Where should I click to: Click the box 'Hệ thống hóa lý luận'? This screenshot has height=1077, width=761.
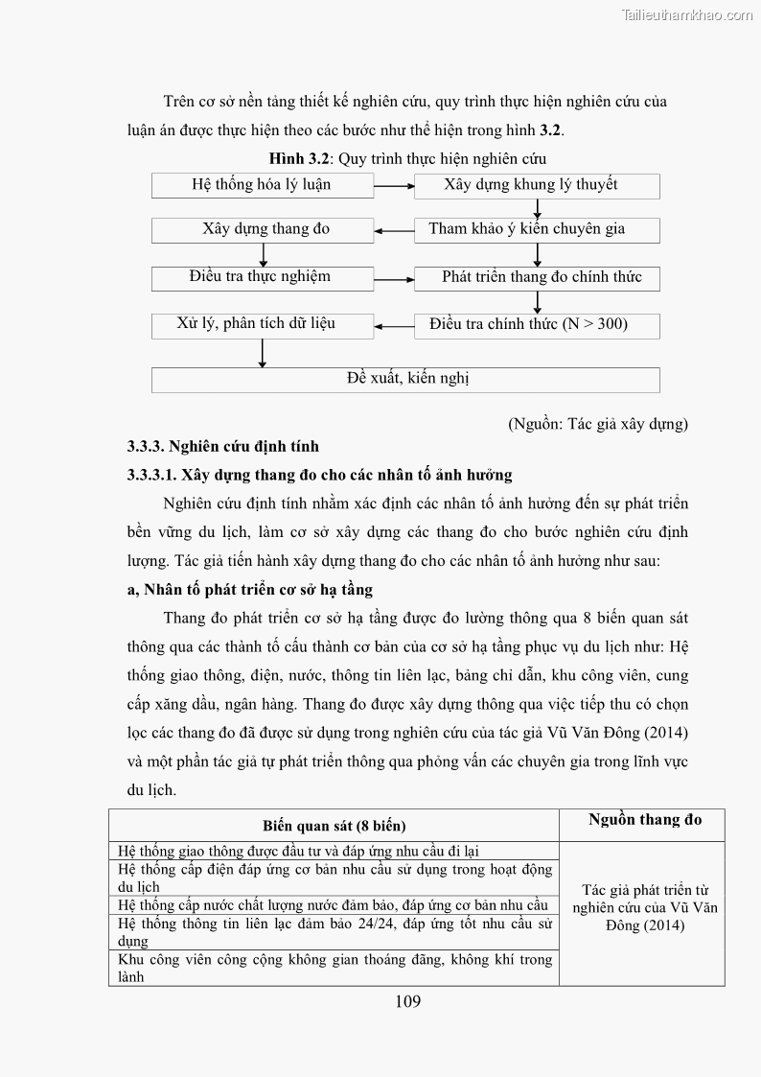[x=262, y=186]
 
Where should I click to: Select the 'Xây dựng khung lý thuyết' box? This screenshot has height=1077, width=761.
[x=537, y=186]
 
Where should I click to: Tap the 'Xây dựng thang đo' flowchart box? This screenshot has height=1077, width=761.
[x=262, y=230]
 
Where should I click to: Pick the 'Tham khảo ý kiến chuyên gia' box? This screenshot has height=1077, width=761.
[x=537, y=230]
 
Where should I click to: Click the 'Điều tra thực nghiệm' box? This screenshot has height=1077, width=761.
[x=262, y=278]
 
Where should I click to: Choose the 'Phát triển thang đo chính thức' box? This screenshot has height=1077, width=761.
[x=537, y=278]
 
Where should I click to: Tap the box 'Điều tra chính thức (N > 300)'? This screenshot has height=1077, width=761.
[x=537, y=325]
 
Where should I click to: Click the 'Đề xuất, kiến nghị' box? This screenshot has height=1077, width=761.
[x=405, y=380]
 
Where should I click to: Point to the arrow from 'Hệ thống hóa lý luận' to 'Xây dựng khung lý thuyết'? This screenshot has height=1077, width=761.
[x=393, y=186]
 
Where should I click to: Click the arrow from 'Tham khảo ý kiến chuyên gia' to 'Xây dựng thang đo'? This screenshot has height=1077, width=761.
[x=393, y=230]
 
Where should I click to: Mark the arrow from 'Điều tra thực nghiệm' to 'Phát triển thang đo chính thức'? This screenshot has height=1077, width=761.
[x=393, y=279]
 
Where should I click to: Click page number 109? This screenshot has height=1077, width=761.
[x=407, y=1002]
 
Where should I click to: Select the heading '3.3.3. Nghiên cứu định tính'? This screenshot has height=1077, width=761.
[x=223, y=446]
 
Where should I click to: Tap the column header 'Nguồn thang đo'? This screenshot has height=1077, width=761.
[x=644, y=819]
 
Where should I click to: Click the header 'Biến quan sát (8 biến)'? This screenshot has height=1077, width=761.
[x=334, y=826]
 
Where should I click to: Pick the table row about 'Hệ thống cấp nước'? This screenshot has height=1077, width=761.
[x=334, y=905]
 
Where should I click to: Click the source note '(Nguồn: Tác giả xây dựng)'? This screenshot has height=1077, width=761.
[x=598, y=423]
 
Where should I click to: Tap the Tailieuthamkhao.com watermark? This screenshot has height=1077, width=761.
[x=687, y=14]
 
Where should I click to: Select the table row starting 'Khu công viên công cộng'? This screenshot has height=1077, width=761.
[x=334, y=968]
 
